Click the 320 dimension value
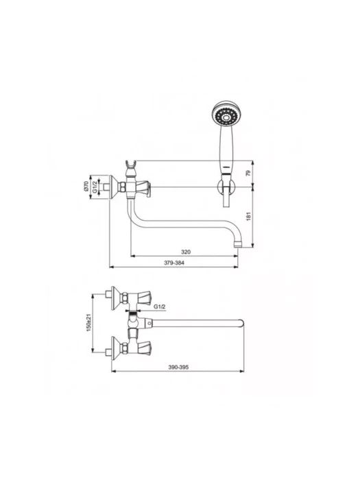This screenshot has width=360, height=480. point(186,252)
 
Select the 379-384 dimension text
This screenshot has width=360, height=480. point(174,263)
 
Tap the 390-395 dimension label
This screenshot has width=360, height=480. point(178,367)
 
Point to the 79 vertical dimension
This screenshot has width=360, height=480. point(248,173)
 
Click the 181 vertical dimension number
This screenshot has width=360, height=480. point(248,216)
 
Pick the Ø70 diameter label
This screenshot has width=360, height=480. point(86,187)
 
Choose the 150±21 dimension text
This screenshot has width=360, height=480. point(88,323)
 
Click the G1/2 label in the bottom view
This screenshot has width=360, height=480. point(160,307)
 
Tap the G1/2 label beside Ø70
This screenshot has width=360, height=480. point(95,187)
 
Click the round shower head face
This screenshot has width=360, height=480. point(226,116)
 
